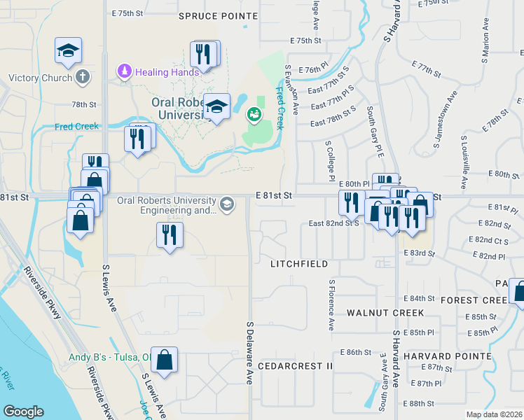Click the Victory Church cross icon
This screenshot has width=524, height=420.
[x=83, y=77]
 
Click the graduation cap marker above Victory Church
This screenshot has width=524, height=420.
[x=68, y=50]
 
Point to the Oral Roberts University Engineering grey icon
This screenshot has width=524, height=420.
[x=226, y=204]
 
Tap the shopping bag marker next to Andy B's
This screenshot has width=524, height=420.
[x=163, y=360]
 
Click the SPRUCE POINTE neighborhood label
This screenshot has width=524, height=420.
[x=212, y=15]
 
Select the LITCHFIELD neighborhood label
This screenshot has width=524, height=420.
[x=299, y=264]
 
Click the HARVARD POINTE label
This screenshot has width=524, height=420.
[x=447, y=356]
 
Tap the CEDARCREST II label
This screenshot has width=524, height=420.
[x=295, y=366]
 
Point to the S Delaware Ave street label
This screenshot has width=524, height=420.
[x=249, y=352]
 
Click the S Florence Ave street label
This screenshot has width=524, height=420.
[x=330, y=305]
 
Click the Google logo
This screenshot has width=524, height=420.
[x=23, y=412]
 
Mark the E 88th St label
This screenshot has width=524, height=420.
[x=420, y=403]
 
